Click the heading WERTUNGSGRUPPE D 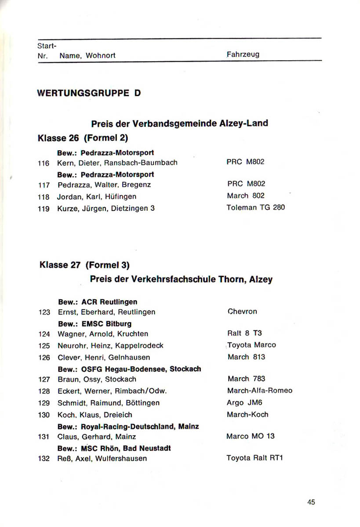coord(89,93)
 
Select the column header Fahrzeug coord(243,54)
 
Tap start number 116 coord(44,163)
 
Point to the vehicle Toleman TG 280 coord(255,207)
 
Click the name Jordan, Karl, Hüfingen coord(97,196)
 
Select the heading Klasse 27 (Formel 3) coord(85,265)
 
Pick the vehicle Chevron coord(242,312)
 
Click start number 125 coord(44,346)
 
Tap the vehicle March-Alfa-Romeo coord(259,390)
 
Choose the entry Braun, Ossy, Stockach coord(97,379)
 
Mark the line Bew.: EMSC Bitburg coord(95,324)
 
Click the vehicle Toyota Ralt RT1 coord(255,458)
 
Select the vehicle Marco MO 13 coord(250,437)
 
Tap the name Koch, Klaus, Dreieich coord(95,415)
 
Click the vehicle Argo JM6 coord(244,403)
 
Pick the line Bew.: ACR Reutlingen coord(98,302)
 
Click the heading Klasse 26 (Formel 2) coord(84,138)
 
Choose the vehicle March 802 coord(246,196)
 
